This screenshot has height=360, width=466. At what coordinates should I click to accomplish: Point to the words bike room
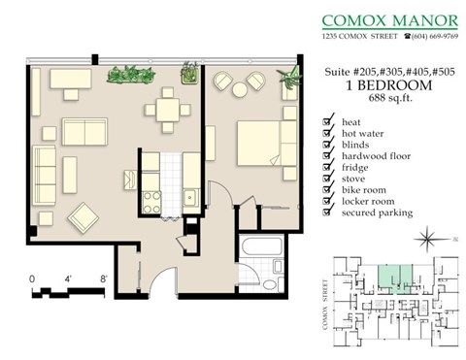[364, 189]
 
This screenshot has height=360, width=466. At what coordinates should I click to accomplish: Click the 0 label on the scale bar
[32, 278]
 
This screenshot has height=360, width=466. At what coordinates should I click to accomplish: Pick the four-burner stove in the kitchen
[152, 201]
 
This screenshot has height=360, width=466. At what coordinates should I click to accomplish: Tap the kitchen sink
[192, 200]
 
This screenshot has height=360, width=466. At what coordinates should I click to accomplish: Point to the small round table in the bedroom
[239, 87]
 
